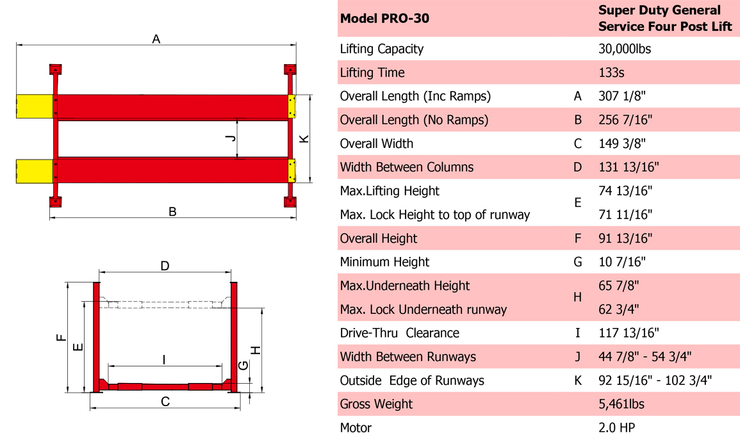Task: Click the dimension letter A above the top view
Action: [x=156, y=39]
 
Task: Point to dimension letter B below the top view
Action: [x=172, y=211]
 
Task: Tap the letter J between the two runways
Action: [x=232, y=138]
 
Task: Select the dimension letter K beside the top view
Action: [x=304, y=138]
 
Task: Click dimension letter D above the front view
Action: [x=165, y=266]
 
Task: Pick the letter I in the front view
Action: [x=164, y=360]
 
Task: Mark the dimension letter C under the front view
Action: [x=165, y=402]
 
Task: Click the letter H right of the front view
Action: [x=256, y=350]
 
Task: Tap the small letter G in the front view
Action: [x=243, y=365]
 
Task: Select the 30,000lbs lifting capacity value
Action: [x=625, y=49]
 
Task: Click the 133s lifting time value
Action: [x=611, y=72]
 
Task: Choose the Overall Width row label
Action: [x=377, y=143]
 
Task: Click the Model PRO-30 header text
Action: [x=384, y=18]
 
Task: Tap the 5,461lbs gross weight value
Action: [x=621, y=404]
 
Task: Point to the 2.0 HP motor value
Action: [x=617, y=427]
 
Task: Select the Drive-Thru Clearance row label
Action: [x=399, y=333]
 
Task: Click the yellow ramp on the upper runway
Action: [x=34, y=106]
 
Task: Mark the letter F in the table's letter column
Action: [x=578, y=238]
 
